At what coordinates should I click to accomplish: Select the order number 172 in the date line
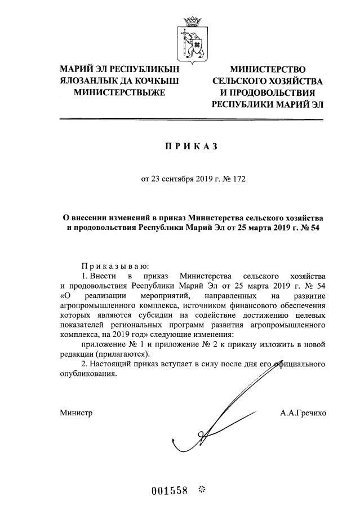pos(239,180)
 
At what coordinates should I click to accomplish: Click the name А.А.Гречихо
pos(303,413)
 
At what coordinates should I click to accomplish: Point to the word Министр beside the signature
pos(76,413)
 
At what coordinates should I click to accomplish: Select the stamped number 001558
pos(169,489)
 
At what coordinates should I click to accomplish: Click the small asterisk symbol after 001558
pos(203,488)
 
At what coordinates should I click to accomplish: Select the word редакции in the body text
pos(77,354)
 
